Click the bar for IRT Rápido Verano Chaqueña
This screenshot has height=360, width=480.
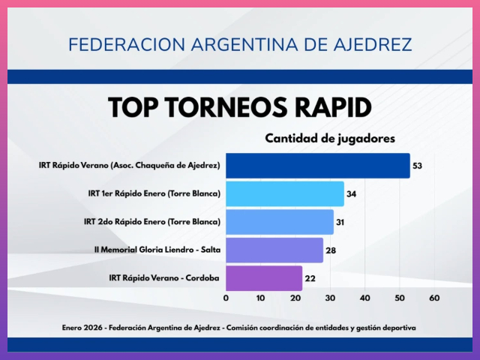[318, 165]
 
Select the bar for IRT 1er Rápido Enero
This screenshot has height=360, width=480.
[285, 193]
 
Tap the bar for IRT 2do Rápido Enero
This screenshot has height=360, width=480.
[280, 222]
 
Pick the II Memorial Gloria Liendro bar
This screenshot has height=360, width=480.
[274, 250]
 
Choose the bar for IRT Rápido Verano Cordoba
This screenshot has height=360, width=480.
[264, 278]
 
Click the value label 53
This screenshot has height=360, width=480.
[417, 165]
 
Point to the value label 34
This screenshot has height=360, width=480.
[351, 193]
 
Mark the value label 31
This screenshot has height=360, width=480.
[340, 222]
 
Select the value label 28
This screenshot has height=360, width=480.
[330, 250]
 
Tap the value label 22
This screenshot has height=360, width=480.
[309, 278]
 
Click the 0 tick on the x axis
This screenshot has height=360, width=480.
[226, 298]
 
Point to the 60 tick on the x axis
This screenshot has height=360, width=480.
[434, 298]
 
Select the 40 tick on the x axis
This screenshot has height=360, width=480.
[364, 298]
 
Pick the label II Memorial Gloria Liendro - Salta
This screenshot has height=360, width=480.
[157, 250]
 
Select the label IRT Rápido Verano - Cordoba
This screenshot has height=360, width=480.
[164, 278]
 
